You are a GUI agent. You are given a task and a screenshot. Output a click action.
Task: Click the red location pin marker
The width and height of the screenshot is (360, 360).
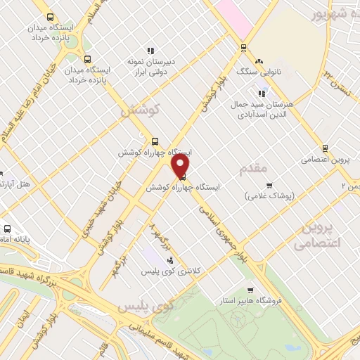click(x=181, y=166)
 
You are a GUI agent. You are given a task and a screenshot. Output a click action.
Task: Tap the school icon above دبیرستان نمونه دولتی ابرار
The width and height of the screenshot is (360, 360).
click(x=150, y=51)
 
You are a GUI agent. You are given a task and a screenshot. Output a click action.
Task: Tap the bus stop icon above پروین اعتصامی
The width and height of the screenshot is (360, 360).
click(x=325, y=148)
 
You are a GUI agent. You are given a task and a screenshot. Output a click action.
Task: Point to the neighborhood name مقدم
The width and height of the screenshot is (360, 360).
click(x=253, y=168)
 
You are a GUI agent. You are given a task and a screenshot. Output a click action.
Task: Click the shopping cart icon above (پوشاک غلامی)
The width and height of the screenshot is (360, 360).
click(x=269, y=186)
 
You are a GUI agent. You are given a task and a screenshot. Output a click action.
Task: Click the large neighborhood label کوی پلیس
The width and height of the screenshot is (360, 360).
click(x=146, y=307)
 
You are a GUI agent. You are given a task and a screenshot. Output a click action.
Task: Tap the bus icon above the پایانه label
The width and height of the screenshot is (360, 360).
click(x=8, y=229)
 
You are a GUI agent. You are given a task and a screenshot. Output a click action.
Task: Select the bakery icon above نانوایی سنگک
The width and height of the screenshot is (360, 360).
click(x=259, y=61)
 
